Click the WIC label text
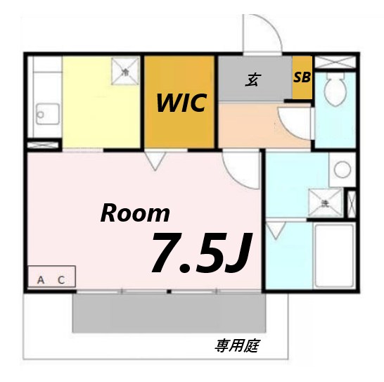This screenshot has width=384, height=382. [x=181, y=103]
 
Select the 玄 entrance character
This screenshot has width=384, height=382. [x=251, y=79]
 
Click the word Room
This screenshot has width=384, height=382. [x=135, y=212]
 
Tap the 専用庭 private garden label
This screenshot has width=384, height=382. [x=235, y=346]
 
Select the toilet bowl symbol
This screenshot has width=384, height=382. [x=333, y=91]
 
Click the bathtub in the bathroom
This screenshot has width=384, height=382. [x=333, y=257]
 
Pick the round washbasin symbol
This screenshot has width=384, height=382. [x=342, y=169]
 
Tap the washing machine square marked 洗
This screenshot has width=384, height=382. [x=326, y=202]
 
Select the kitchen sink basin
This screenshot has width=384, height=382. [x=46, y=113]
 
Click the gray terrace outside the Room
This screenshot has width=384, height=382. [x=169, y=312]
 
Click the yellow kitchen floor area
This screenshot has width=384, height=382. [x=98, y=113]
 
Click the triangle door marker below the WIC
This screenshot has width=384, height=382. [x=154, y=163]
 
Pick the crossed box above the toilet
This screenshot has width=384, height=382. [x=335, y=61]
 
